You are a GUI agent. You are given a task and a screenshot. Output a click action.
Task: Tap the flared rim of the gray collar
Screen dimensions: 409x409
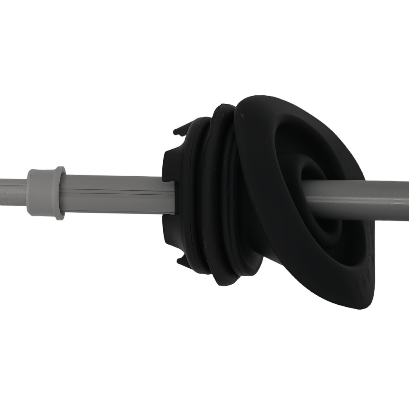60,193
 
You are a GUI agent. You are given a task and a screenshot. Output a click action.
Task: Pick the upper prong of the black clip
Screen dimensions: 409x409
179,132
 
